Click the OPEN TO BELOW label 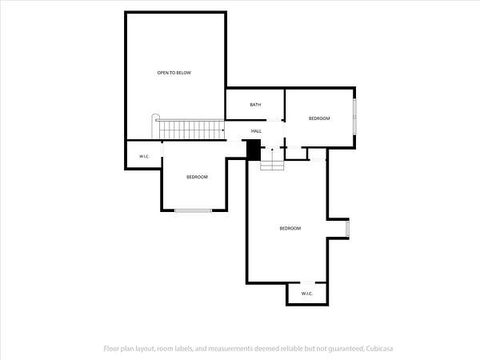tap(174, 73)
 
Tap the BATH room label tap(255, 105)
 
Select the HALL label tap(256, 131)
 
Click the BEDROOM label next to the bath tap(319, 118)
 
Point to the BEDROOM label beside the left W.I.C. tap(197, 177)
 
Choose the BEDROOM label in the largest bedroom tap(290, 228)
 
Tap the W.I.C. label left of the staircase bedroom tap(144, 157)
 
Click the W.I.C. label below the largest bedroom tap(307, 294)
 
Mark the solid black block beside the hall tap(254, 150)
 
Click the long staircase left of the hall tap(192, 130)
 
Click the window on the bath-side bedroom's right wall tap(354, 116)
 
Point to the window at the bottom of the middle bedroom tap(193, 210)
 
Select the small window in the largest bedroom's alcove tap(347, 229)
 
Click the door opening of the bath tap(274, 120)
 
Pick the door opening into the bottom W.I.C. tap(308, 282)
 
